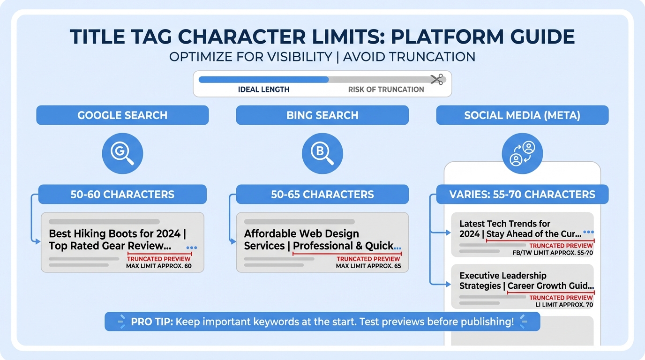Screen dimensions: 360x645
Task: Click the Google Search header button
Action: coord(122,115)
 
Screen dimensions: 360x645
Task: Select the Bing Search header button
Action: coord(322,115)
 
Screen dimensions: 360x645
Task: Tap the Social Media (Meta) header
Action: coord(522,115)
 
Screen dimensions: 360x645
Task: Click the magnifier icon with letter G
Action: coord(122,154)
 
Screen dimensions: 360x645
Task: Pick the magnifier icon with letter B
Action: coord(322,154)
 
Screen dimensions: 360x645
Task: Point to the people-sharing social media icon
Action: coord(522,154)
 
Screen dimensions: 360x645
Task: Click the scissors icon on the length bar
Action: coord(437,80)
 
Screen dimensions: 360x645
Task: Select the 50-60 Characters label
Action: coord(122,195)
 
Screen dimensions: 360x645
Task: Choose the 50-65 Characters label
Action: coord(322,195)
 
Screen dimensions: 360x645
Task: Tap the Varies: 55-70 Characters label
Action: coord(522,195)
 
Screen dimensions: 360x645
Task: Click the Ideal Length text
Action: coord(263,90)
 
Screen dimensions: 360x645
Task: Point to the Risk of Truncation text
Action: coord(386,90)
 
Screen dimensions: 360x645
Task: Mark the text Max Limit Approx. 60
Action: coord(159,266)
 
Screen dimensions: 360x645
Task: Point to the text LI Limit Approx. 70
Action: coord(564,305)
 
